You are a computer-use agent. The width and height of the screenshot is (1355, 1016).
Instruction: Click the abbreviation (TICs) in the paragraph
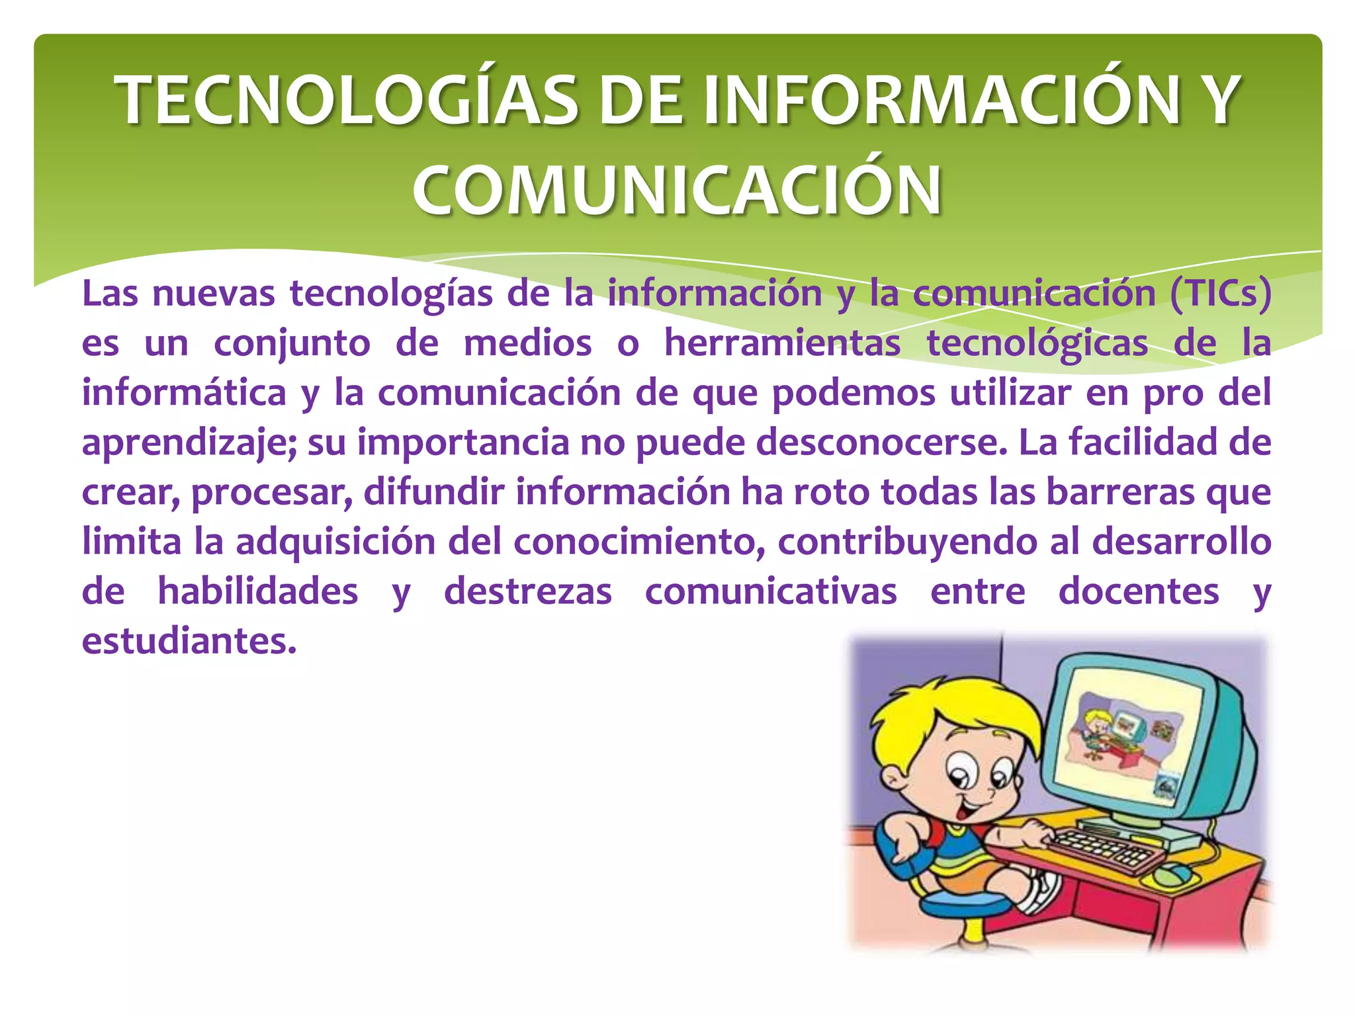click(x=1220, y=293)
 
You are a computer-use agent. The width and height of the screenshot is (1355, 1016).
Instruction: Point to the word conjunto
click(x=292, y=343)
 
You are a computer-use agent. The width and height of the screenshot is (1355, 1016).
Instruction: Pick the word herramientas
click(x=782, y=343)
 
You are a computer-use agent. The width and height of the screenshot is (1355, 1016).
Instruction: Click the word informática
click(x=184, y=392)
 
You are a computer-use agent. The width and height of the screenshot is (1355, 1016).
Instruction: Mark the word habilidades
click(x=258, y=591)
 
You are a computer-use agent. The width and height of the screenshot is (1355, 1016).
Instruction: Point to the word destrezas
click(x=528, y=591)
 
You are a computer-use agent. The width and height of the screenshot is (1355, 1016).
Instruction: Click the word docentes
click(x=1139, y=591)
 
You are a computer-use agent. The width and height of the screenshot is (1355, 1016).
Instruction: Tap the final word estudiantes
click(x=189, y=641)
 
